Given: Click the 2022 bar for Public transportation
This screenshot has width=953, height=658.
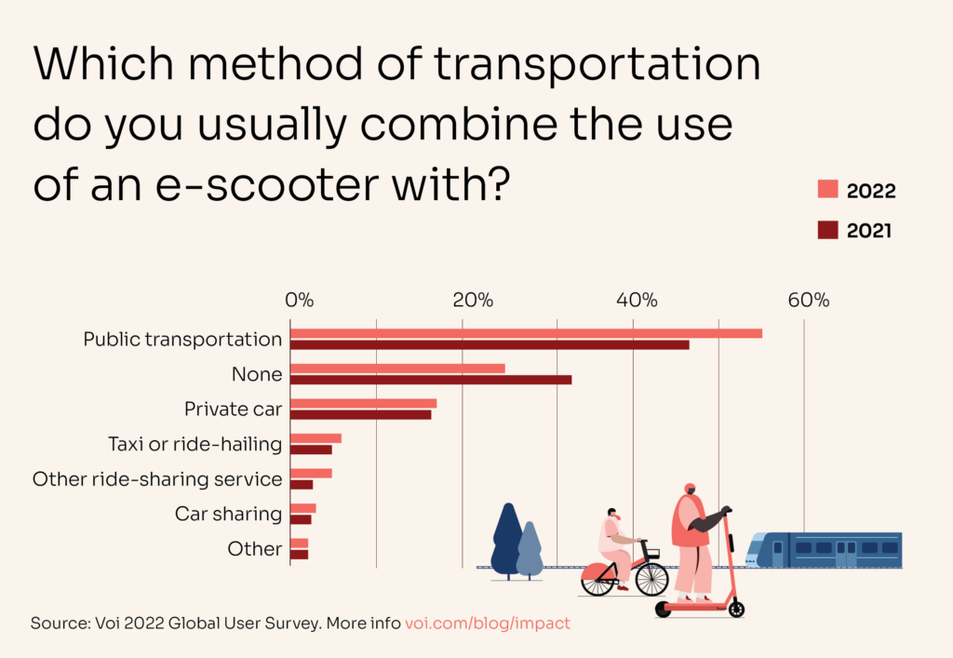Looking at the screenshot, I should pyautogui.click(x=526, y=333).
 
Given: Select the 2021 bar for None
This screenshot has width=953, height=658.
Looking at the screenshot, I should pyautogui.click(x=431, y=380).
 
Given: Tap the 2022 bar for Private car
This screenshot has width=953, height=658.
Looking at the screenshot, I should pyautogui.click(x=363, y=403).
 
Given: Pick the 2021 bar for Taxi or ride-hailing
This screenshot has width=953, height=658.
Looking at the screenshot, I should pyautogui.click(x=311, y=450).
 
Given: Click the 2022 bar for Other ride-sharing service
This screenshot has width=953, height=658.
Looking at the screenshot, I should pyautogui.click(x=311, y=473).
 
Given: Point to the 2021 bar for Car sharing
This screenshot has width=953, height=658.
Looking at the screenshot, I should pyautogui.click(x=301, y=519).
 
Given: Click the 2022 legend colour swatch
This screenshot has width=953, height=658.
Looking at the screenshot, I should pyautogui.click(x=827, y=190).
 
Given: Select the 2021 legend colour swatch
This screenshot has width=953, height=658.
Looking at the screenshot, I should pyautogui.click(x=827, y=230).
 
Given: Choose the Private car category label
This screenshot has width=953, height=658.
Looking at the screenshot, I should pyautogui.click(x=233, y=409).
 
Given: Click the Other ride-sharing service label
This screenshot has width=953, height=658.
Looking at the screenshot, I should pyautogui.click(x=157, y=479).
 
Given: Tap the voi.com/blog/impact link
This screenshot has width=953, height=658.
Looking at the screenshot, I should pyautogui.click(x=488, y=623).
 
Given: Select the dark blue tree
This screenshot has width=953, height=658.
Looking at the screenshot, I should pyautogui.click(x=507, y=540).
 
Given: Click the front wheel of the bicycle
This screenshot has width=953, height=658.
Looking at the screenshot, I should pyautogui.click(x=651, y=579).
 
